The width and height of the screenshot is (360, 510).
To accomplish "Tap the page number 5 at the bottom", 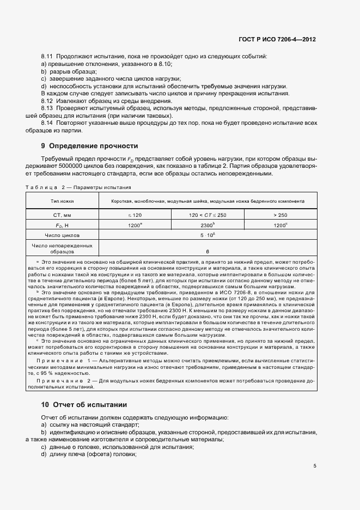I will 315,466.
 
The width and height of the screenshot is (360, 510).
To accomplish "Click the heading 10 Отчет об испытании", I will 84,405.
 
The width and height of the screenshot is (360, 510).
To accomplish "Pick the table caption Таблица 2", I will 44,187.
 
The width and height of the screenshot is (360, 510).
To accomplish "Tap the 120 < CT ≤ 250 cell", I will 208,215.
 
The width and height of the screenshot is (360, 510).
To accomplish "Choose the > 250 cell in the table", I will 280,215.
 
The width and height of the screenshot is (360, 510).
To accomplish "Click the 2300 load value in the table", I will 206,224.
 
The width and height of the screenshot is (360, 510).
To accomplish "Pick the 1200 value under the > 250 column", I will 279,224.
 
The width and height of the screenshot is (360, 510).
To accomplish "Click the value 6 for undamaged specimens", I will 208,252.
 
